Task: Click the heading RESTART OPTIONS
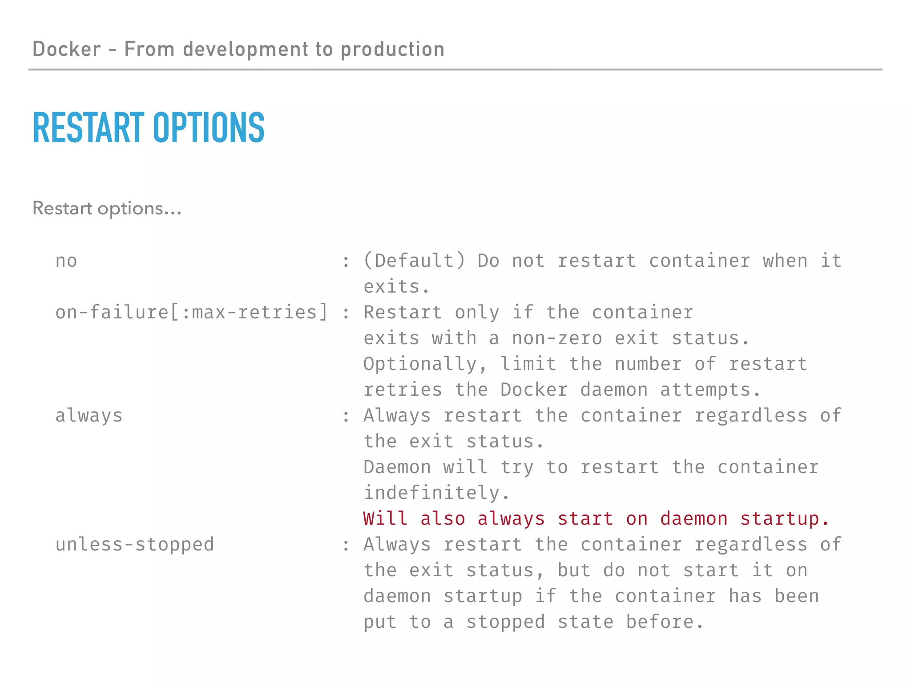[149, 128]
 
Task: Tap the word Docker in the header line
[67, 49]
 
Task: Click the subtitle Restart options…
[107, 208]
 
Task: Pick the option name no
[66, 261]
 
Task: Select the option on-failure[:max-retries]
[192, 312]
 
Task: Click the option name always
[89, 416]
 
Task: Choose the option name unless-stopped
[135, 545]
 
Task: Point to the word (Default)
[414, 261]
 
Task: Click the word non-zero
[557, 338]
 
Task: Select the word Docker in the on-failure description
[534, 390]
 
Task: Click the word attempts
[710, 390]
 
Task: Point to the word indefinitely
[437, 493]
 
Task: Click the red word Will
[385, 519]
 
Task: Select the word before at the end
[665, 622]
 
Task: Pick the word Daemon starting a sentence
[397, 467]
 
